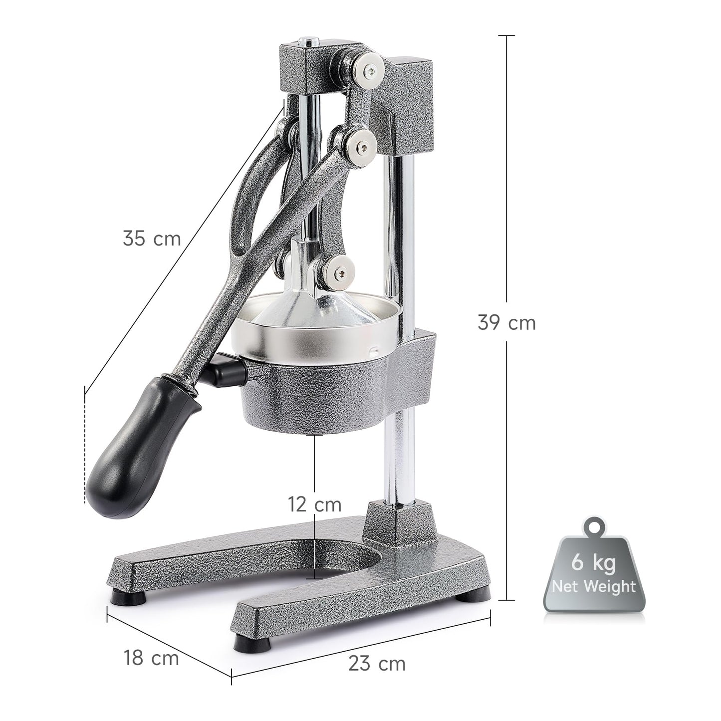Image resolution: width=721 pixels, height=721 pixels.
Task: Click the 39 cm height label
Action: [506, 323]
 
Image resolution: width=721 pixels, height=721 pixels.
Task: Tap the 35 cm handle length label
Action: [151, 238]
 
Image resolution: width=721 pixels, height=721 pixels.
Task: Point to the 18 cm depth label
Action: [151, 658]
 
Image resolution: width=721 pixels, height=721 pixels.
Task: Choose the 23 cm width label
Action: [377, 664]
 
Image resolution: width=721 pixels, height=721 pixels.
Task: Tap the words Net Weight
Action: [593, 586]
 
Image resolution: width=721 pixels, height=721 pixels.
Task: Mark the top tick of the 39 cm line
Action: [506, 36]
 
